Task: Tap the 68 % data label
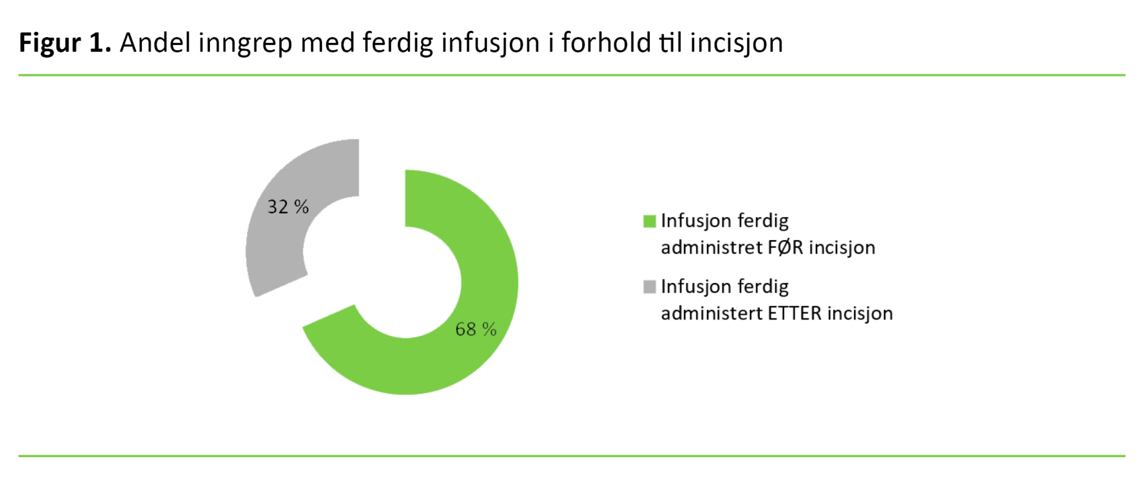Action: tap(476, 329)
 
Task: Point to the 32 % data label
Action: tap(288, 206)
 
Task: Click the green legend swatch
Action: tap(649, 221)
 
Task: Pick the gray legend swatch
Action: tap(649, 287)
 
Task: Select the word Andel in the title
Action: tap(155, 43)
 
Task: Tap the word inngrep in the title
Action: tap(246, 45)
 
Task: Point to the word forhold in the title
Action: tap(606, 43)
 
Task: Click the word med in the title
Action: tap(328, 43)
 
